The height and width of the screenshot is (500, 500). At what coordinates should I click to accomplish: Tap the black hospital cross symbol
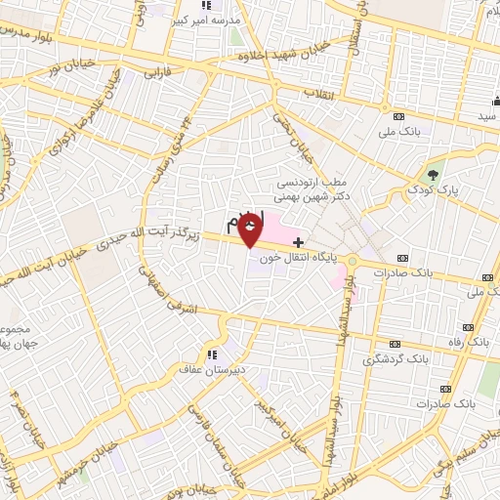[x=299, y=241]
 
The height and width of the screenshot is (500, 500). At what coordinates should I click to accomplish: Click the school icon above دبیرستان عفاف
[x=210, y=354]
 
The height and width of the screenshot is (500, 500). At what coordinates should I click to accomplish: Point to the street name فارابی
[x=157, y=72]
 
